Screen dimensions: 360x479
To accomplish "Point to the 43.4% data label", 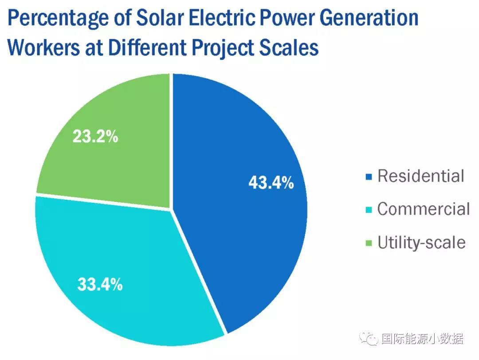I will pyautogui.click(x=271, y=182).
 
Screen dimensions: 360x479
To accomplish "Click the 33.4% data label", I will pyautogui.click(x=100, y=285).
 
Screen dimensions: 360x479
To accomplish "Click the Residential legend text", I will pyautogui.click(x=420, y=176).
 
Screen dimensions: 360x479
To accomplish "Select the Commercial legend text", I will pyautogui.click(x=423, y=209).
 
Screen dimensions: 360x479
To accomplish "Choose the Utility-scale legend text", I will pyautogui.click(x=421, y=243).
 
